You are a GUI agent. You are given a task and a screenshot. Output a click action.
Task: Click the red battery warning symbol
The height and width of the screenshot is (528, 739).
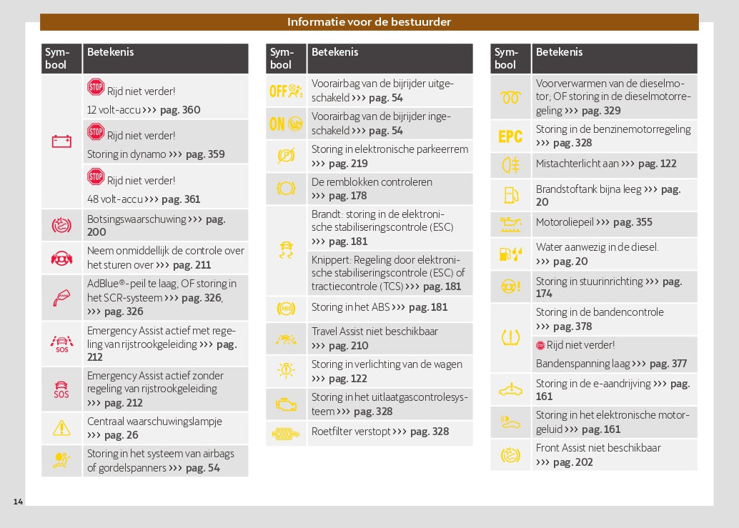pyautogui.click(x=61, y=141)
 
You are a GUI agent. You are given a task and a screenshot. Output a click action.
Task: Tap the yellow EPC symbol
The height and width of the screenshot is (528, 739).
pyautogui.click(x=510, y=136)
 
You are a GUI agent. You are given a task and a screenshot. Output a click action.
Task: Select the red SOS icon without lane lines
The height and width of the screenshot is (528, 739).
pyautogui.click(x=61, y=389)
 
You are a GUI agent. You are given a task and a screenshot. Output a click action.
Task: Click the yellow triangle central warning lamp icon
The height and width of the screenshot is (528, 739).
pyautogui.click(x=61, y=428)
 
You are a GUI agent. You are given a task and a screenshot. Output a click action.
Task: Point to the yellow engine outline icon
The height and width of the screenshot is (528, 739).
pyautogui.click(x=286, y=404)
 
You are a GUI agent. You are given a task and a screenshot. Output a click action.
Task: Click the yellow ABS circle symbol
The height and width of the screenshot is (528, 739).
pyautogui.click(x=286, y=309)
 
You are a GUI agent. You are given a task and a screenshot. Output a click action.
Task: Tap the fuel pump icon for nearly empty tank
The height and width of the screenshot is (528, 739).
pyautogui.click(x=510, y=195)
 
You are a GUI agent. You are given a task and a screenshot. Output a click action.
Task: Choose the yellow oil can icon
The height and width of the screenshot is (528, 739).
pyautogui.click(x=510, y=224)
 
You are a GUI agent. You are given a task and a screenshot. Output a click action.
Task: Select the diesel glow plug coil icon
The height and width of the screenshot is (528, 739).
pyautogui.click(x=510, y=98)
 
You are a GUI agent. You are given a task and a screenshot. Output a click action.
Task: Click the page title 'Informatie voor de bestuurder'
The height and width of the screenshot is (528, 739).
pyautogui.click(x=369, y=22)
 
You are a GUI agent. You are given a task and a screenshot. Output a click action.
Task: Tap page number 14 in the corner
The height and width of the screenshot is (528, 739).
pyautogui.click(x=18, y=502)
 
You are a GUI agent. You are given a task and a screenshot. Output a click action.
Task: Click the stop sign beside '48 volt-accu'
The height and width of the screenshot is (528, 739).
pyautogui.click(x=96, y=176)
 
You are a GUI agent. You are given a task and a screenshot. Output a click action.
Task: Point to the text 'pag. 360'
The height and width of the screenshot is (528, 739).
pyautogui.click(x=181, y=110)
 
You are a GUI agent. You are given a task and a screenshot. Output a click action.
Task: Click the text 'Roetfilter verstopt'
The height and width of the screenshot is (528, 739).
pyautogui.click(x=350, y=432)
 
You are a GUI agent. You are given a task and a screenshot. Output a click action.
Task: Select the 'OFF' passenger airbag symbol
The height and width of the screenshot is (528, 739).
pyautogui.click(x=286, y=91)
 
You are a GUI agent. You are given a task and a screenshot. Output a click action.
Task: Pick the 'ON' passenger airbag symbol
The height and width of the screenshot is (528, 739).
pyautogui.click(x=286, y=124)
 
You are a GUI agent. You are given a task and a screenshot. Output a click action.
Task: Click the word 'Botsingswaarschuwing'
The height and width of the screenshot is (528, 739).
pyautogui.click(x=136, y=219)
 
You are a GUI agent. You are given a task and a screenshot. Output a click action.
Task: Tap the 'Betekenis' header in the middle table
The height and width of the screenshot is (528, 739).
pyautogui.click(x=335, y=52)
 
